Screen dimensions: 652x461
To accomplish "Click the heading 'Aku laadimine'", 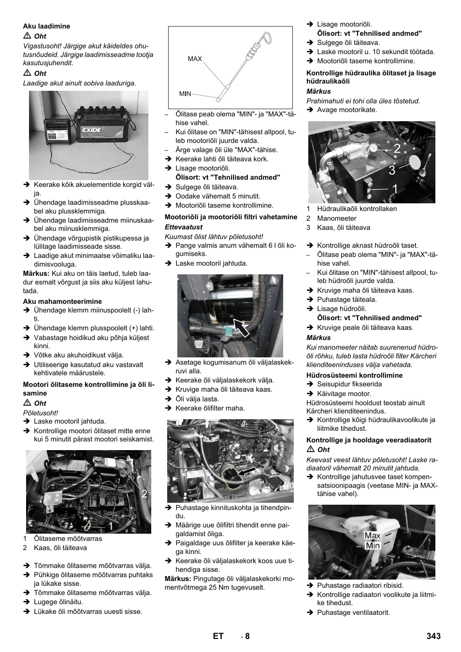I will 46,26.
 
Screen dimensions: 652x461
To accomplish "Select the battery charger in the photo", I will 58,131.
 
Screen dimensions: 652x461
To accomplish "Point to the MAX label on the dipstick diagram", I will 195,59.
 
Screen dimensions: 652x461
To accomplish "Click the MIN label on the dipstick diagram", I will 185,94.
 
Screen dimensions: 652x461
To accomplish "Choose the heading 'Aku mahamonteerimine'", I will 62,301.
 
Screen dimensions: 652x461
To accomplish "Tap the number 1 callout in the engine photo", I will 111,526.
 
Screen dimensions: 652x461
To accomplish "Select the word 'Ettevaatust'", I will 184,227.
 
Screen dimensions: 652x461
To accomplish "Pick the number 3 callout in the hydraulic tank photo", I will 391,170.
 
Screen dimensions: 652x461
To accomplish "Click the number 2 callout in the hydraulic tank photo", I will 397,149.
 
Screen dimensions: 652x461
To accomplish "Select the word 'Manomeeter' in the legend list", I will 336,218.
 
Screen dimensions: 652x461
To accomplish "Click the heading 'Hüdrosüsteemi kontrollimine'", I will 354,375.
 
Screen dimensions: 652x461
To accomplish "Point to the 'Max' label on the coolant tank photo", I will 373,536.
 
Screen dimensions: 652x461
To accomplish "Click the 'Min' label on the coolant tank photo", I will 373,546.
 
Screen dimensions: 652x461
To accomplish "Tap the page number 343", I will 433,636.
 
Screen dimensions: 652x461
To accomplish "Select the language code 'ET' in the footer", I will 218,636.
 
